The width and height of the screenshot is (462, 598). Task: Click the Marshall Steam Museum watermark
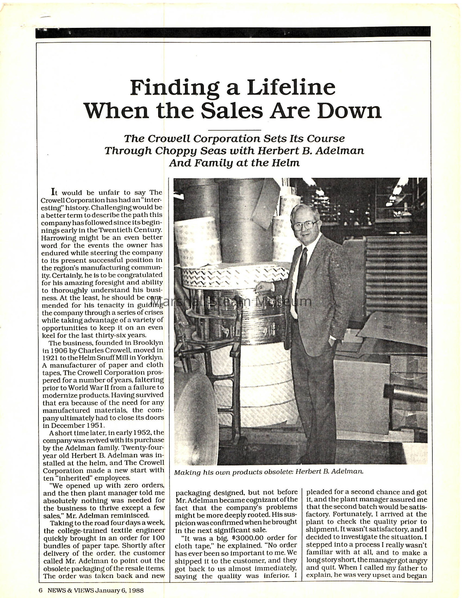pos(231,301)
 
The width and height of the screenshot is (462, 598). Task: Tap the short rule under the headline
pos(234,130)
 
